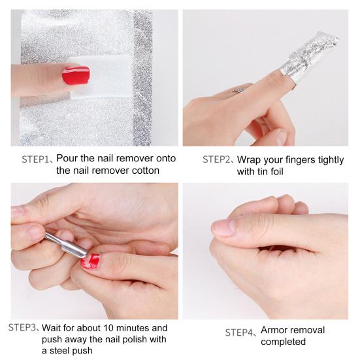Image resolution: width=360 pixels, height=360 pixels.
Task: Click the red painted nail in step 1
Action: click(76, 75)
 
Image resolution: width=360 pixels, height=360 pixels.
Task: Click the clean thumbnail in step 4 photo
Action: click(224, 227)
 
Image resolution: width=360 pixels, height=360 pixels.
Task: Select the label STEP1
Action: click(38, 158)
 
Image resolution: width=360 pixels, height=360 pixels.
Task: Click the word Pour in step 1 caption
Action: click(69, 158)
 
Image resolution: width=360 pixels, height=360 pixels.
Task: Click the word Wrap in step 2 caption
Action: click(250, 159)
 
